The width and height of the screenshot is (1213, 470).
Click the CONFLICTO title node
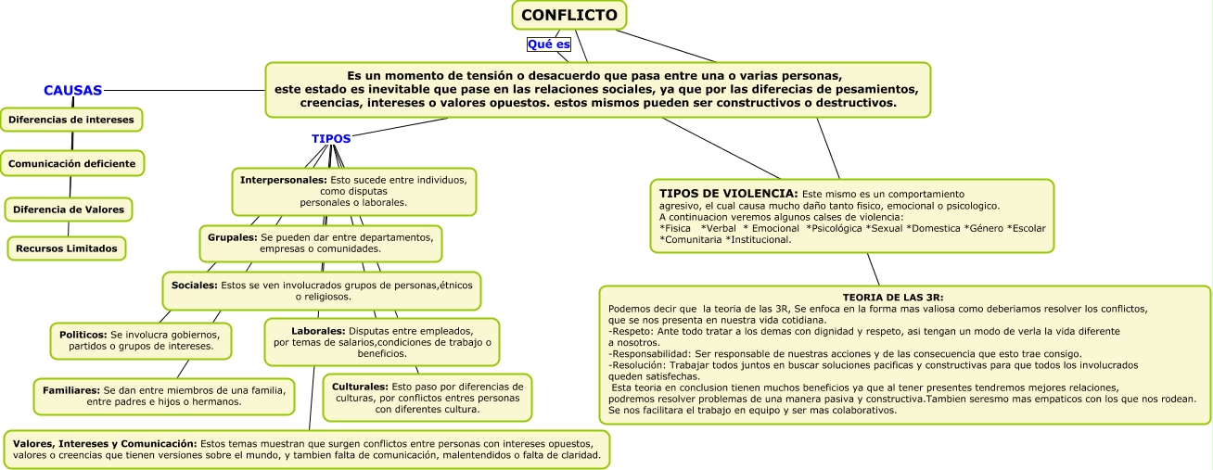(569, 15)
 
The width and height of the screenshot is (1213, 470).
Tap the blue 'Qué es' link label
(548, 44)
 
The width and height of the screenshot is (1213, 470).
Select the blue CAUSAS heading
(72, 91)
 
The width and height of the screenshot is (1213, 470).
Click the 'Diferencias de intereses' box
(71, 120)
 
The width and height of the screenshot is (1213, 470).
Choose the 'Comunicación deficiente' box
(72, 163)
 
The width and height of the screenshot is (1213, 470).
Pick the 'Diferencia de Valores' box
(69, 210)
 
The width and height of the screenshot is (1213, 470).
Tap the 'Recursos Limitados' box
(67, 248)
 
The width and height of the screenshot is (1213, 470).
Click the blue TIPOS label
(331, 138)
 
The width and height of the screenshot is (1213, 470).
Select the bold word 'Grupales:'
(232, 237)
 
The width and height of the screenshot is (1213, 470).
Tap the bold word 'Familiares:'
(70, 390)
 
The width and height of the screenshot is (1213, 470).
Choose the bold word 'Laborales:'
(318, 330)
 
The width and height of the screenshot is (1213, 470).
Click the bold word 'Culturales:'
(360, 385)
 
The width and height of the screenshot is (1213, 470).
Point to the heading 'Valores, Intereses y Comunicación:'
(105, 443)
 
